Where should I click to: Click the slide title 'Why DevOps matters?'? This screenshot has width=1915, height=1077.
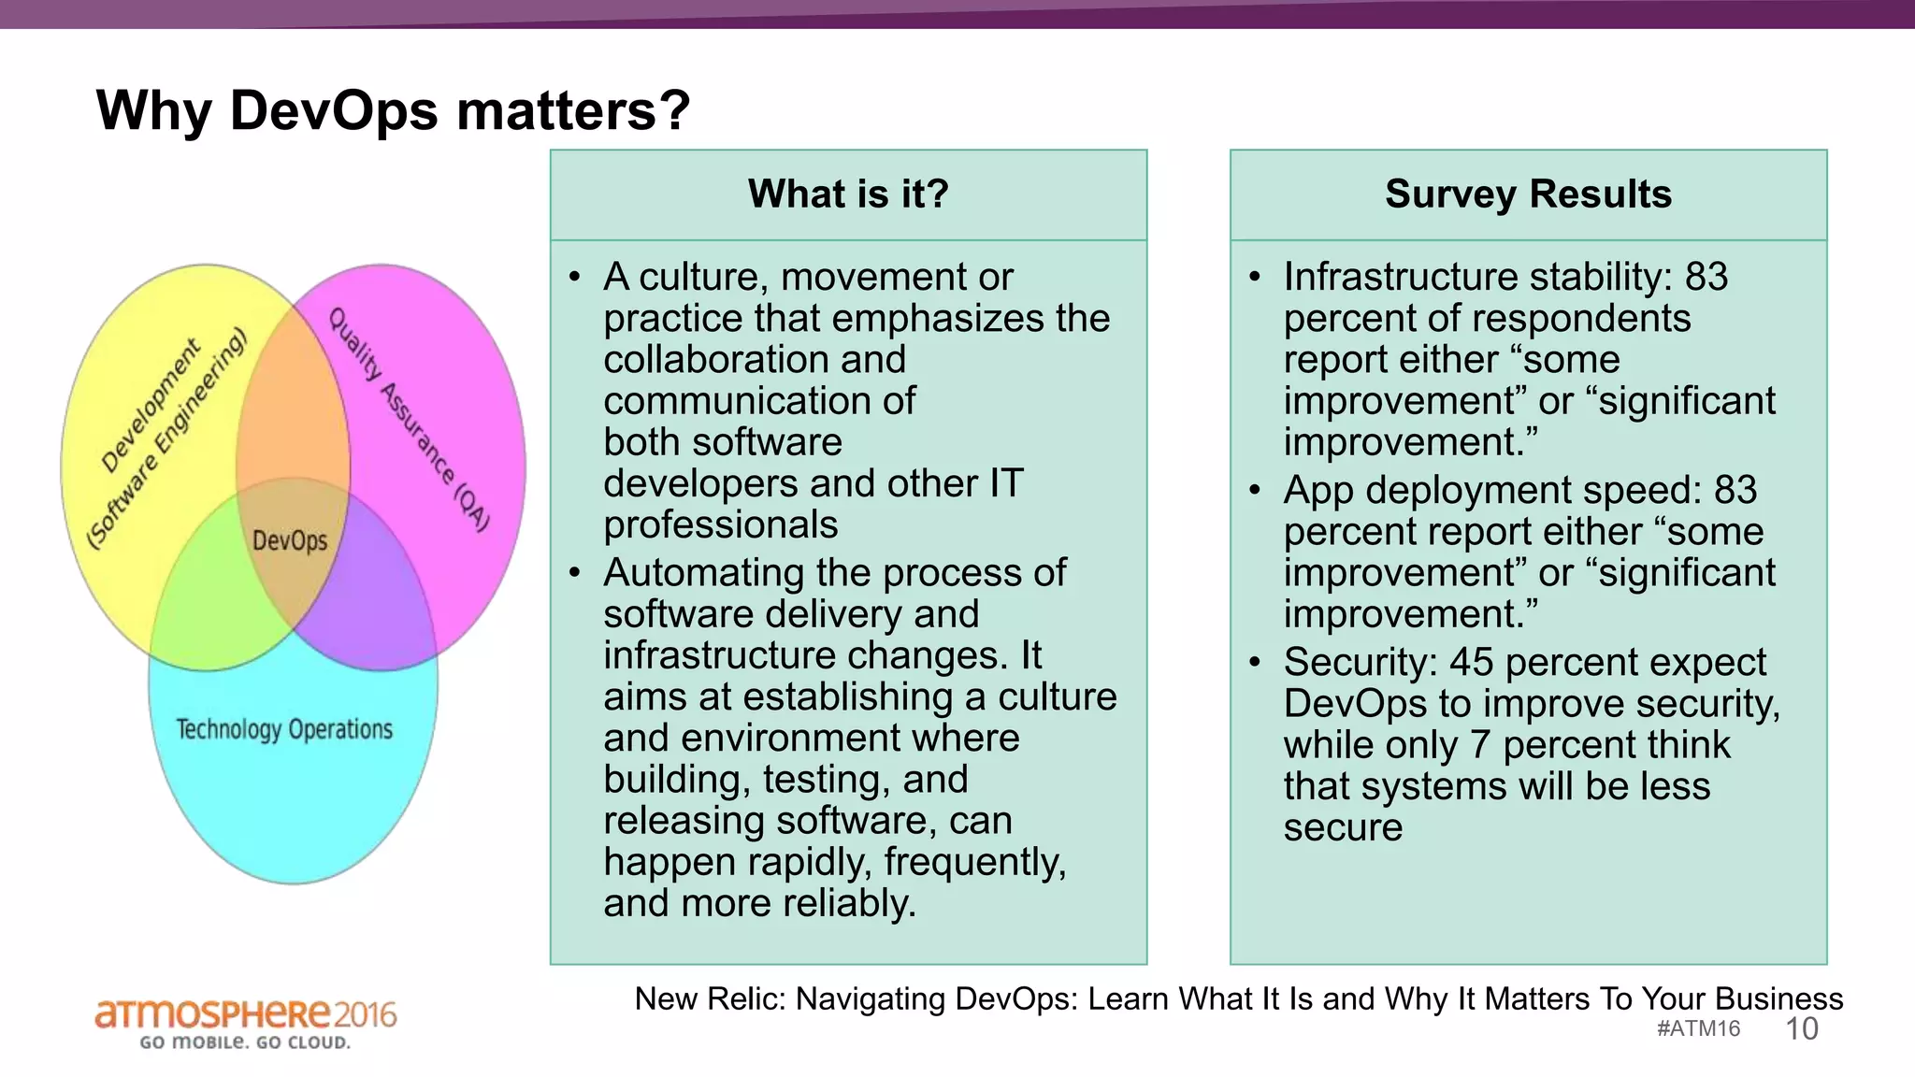tap(393, 110)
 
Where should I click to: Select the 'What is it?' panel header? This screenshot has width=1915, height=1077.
tap(848, 194)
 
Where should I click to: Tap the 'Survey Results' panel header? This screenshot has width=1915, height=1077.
tap(1528, 194)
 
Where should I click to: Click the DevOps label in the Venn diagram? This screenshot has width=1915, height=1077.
tap(290, 540)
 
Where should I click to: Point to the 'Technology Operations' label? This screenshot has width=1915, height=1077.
tap(284, 729)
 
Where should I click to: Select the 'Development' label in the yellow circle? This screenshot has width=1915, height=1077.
tap(151, 405)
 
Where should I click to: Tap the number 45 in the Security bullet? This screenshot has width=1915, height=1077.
tap(1472, 662)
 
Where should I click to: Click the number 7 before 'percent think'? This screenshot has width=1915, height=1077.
tap(1479, 745)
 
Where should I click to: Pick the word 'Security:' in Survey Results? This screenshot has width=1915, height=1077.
tap(1361, 662)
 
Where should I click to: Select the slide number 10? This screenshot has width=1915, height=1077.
tap(1801, 1029)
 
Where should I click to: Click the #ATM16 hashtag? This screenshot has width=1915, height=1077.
tap(1698, 1029)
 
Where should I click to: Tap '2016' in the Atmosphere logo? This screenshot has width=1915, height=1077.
tap(366, 1014)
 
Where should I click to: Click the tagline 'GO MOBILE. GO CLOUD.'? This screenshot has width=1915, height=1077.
tap(245, 1042)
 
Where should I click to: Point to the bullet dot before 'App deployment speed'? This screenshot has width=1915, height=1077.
tap(1255, 490)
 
